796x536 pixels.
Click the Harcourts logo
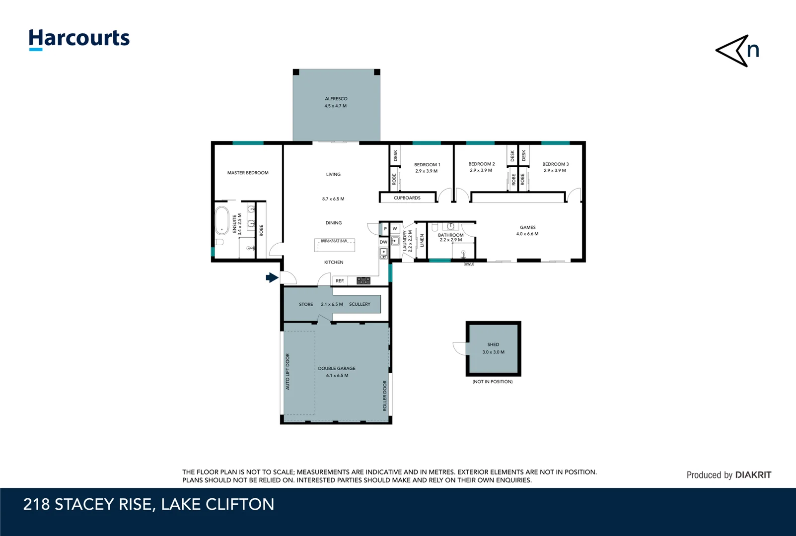pos(79,39)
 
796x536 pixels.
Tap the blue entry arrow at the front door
pos(272,277)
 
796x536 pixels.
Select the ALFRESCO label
pos(336,99)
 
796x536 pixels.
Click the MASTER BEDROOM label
pos(248,173)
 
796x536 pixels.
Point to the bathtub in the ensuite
pos(222,220)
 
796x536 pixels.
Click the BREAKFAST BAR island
pos(334,245)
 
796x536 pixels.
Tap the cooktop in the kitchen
pos(363,280)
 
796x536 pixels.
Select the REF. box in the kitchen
pos(340,280)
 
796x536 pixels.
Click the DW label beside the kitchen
pos(383,242)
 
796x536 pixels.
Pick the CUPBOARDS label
pos(407,198)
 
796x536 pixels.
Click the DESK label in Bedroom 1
pos(395,155)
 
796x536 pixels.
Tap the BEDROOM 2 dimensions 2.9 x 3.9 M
pos(481,171)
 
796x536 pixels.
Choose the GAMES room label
pos(527,227)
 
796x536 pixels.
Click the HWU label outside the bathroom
pos(469,264)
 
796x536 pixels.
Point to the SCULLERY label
pos(360,304)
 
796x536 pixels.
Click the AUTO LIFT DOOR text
pos(288,372)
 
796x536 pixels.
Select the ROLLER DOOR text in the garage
pos(384,396)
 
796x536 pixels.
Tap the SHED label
pos(493,344)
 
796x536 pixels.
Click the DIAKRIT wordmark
pos(753,475)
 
